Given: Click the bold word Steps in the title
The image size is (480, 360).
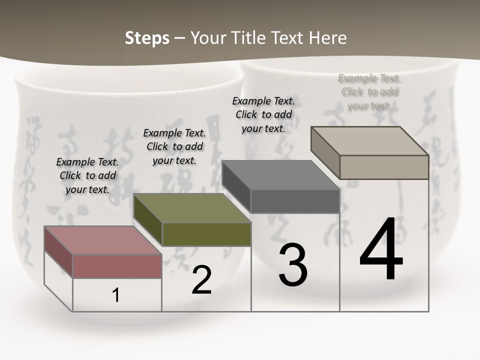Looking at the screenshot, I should pyautogui.click(x=147, y=38).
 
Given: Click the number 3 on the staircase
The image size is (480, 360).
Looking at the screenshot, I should pyautogui.click(x=293, y=264).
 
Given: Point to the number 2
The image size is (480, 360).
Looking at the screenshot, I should pyautogui.click(x=202, y=280).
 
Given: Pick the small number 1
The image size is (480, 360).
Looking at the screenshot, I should pyautogui.click(x=116, y=295).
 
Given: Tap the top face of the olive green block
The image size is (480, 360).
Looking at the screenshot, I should pyautogui.click(x=192, y=208).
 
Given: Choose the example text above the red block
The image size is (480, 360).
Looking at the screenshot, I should pyautogui.click(x=87, y=175).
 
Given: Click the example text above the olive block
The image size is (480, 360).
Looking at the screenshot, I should pyautogui.click(x=174, y=146).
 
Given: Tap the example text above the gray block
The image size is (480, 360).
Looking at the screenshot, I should pyautogui.click(x=263, y=114).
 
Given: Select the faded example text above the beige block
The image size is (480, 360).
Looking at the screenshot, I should pyautogui.click(x=369, y=91).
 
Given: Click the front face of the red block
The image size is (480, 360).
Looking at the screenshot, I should pyautogui.click(x=117, y=266).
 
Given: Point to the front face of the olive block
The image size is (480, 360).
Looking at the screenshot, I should pyautogui.click(x=206, y=234).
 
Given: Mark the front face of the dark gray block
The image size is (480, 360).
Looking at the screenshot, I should pyautogui.click(x=295, y=201).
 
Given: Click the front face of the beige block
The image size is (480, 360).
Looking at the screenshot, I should pyautogui.click(x=384, y=167).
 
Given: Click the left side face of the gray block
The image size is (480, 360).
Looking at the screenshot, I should pyautogui.click(x=236, y=186).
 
